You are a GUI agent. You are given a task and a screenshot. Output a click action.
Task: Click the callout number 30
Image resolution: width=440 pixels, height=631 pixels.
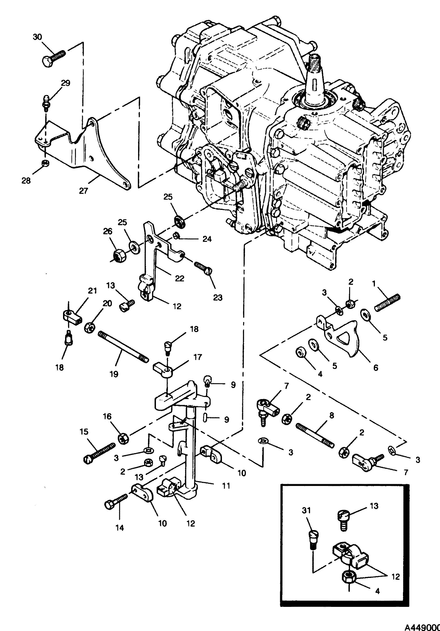tap(38, 37)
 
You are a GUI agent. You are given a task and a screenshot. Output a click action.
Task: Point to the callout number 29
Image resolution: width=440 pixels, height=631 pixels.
tap(66, 83)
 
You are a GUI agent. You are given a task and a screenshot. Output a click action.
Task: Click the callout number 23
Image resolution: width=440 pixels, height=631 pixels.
tap(218, 297)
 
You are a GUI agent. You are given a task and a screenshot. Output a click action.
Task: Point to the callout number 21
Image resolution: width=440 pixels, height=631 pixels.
tap(92, 291)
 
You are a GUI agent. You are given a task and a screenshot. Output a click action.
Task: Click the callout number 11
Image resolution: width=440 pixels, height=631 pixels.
tap(226, 486)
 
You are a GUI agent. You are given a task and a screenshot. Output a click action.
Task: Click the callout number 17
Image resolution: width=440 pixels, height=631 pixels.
tap(198, 357)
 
